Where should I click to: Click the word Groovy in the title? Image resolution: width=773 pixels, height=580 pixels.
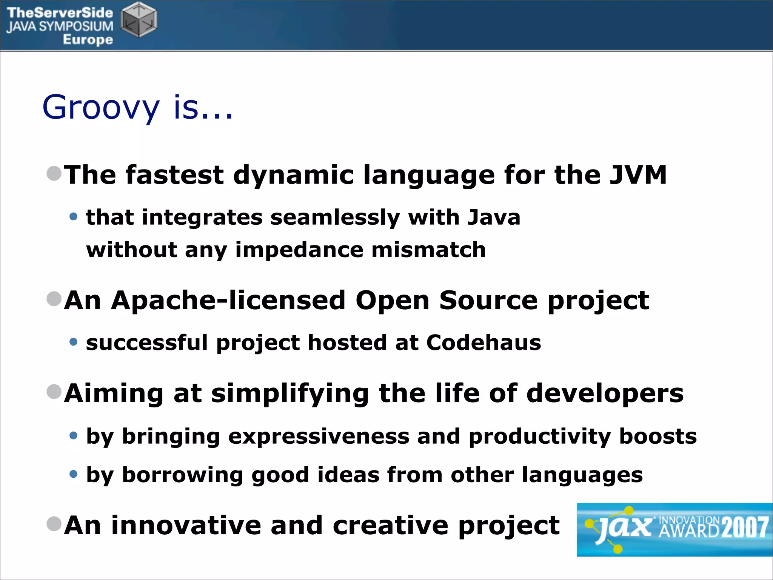tap(101, 108)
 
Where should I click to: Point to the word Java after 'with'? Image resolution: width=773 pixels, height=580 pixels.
tap(494, 217)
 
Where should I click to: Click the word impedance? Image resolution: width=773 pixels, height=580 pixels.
tap(299, 250)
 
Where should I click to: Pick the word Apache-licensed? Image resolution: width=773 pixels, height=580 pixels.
tap(228, 301)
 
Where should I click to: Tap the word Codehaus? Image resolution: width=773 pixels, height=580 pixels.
tap(484, 342)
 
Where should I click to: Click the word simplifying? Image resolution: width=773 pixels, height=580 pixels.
tap(289, 394)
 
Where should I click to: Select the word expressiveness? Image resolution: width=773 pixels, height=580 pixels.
tap(319, 437)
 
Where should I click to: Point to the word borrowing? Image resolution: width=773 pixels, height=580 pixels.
tap(183, 475)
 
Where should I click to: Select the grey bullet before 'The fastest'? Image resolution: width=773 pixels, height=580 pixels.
tap(54, 174)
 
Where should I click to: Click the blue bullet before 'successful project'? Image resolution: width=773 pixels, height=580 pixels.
tap(74, 342)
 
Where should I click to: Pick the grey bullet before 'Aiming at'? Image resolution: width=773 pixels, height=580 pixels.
tap(54, 392)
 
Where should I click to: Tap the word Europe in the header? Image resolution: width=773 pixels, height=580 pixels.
tap(88, 40)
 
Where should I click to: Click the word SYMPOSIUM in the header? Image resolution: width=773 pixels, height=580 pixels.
tap(76, 26)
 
